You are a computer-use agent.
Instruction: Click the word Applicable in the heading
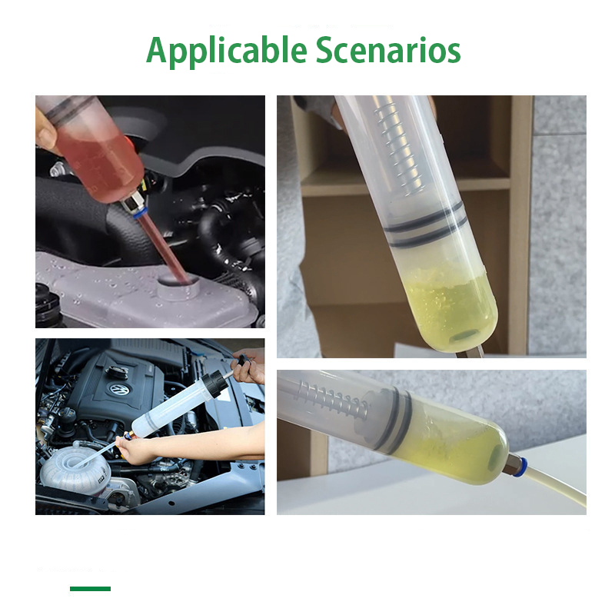(x=226, y=51)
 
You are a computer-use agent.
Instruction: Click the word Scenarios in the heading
(x=388, y=50)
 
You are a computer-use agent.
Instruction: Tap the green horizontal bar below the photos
(x=90, y=588)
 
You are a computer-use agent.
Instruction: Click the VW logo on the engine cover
(x=118, y=389)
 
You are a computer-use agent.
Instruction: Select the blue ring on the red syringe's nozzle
(x=140, y=214)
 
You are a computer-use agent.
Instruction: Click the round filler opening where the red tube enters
(x=178, y=285)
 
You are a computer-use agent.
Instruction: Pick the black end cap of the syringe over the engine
(x=213, y=383)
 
